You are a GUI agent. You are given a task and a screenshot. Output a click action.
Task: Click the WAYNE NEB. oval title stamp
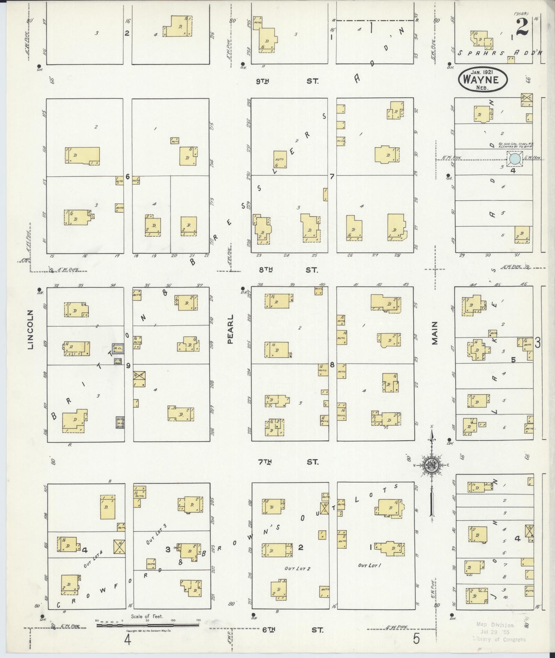(x=482, y=79)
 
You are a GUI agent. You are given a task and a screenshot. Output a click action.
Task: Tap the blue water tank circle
(x=515, y=159)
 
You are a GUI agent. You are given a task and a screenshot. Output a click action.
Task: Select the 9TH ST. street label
(x=287, y=82)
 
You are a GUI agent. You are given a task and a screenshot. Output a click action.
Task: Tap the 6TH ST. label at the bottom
(x=293, y=630)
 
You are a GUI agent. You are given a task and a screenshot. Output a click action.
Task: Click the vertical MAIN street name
(x=435, y=333)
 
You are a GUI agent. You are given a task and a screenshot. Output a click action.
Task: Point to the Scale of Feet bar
(x=148, y=625)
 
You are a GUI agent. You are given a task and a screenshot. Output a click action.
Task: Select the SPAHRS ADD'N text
(x=499, y=53)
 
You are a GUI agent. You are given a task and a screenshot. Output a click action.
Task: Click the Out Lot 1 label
(x=370, y=565)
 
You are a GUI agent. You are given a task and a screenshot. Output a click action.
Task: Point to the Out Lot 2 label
(x=297, y=569)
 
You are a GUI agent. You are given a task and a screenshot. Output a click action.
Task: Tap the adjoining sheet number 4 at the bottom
(x=128, y=640)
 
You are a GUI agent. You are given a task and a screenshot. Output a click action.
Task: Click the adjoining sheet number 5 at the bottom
(x=416, y=639)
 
